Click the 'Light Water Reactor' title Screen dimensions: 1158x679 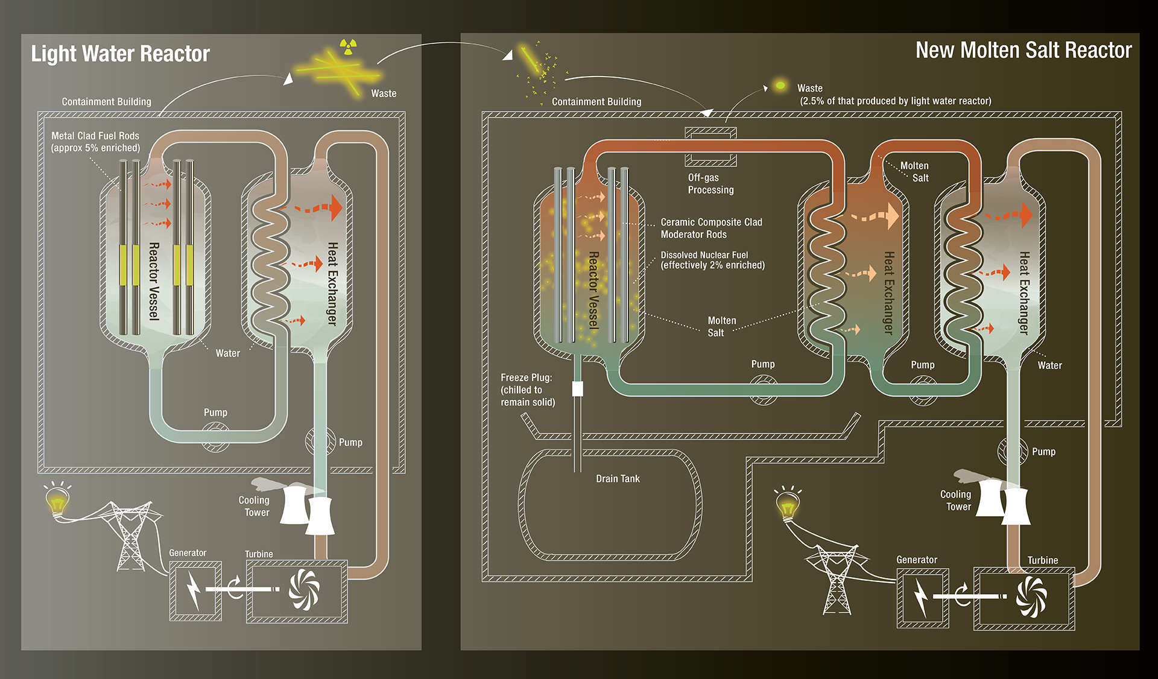coord(120,54)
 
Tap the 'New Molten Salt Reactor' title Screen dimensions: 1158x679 coord(1024,50)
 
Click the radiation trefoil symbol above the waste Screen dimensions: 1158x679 coord(348,46)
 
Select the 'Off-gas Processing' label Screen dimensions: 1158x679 coord(711,183)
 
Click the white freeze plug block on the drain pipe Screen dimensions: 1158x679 coord(577,388)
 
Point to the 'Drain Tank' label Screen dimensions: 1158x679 coord(618,478)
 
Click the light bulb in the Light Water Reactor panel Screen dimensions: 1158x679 coord(58,500)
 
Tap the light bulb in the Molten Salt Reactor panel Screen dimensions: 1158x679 coord(788,504)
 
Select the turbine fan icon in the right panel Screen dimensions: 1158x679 coord(1031,596)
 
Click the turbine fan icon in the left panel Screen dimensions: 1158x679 coord(304,590)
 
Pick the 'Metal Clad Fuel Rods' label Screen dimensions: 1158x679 coord(95,136)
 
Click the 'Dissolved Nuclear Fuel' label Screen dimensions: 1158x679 coord(704,255)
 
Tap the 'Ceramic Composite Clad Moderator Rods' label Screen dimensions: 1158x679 coord(712,228)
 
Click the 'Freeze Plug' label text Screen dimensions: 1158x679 coord(526,377)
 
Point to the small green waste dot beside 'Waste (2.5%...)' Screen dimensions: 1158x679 coord(780,86)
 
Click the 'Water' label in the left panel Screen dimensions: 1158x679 coord(228,353)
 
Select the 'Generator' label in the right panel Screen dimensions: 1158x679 coord(917,560)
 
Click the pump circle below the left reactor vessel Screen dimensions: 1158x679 coord(215,437)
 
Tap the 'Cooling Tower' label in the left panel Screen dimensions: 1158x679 coord(254,506)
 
